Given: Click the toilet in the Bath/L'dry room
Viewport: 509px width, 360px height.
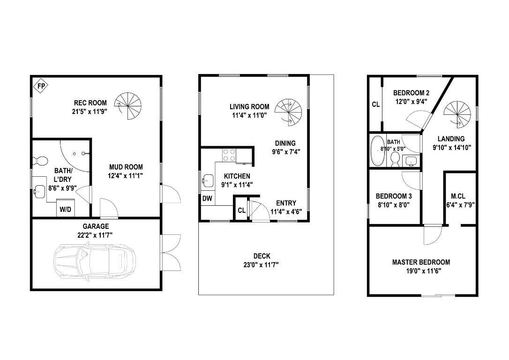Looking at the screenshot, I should pos(40,161).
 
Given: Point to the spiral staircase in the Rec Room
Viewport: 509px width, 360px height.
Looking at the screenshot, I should pos(128,105).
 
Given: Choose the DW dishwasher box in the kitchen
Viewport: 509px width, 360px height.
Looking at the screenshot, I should pos(207,199).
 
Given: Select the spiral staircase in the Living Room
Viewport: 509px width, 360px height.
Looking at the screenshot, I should pos(287,112).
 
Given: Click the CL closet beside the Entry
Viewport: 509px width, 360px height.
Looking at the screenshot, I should pos(241,210).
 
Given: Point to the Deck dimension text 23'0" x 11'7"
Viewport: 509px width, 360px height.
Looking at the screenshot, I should pos(262,264).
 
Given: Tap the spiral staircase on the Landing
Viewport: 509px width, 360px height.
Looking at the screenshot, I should pos(456,114).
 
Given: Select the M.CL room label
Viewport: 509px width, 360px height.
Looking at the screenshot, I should pos(457,195).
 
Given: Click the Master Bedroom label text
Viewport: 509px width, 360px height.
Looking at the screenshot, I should pos(421,262).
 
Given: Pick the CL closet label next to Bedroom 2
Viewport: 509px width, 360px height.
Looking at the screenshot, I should pos(375,105).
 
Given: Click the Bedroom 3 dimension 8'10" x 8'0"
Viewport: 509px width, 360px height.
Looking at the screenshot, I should pos(394,204).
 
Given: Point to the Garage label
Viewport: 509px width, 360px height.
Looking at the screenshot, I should pos(96,226).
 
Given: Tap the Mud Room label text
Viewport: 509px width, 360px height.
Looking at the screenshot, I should pos(126,167).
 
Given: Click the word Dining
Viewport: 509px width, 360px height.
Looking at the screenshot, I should pos(285,143).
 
